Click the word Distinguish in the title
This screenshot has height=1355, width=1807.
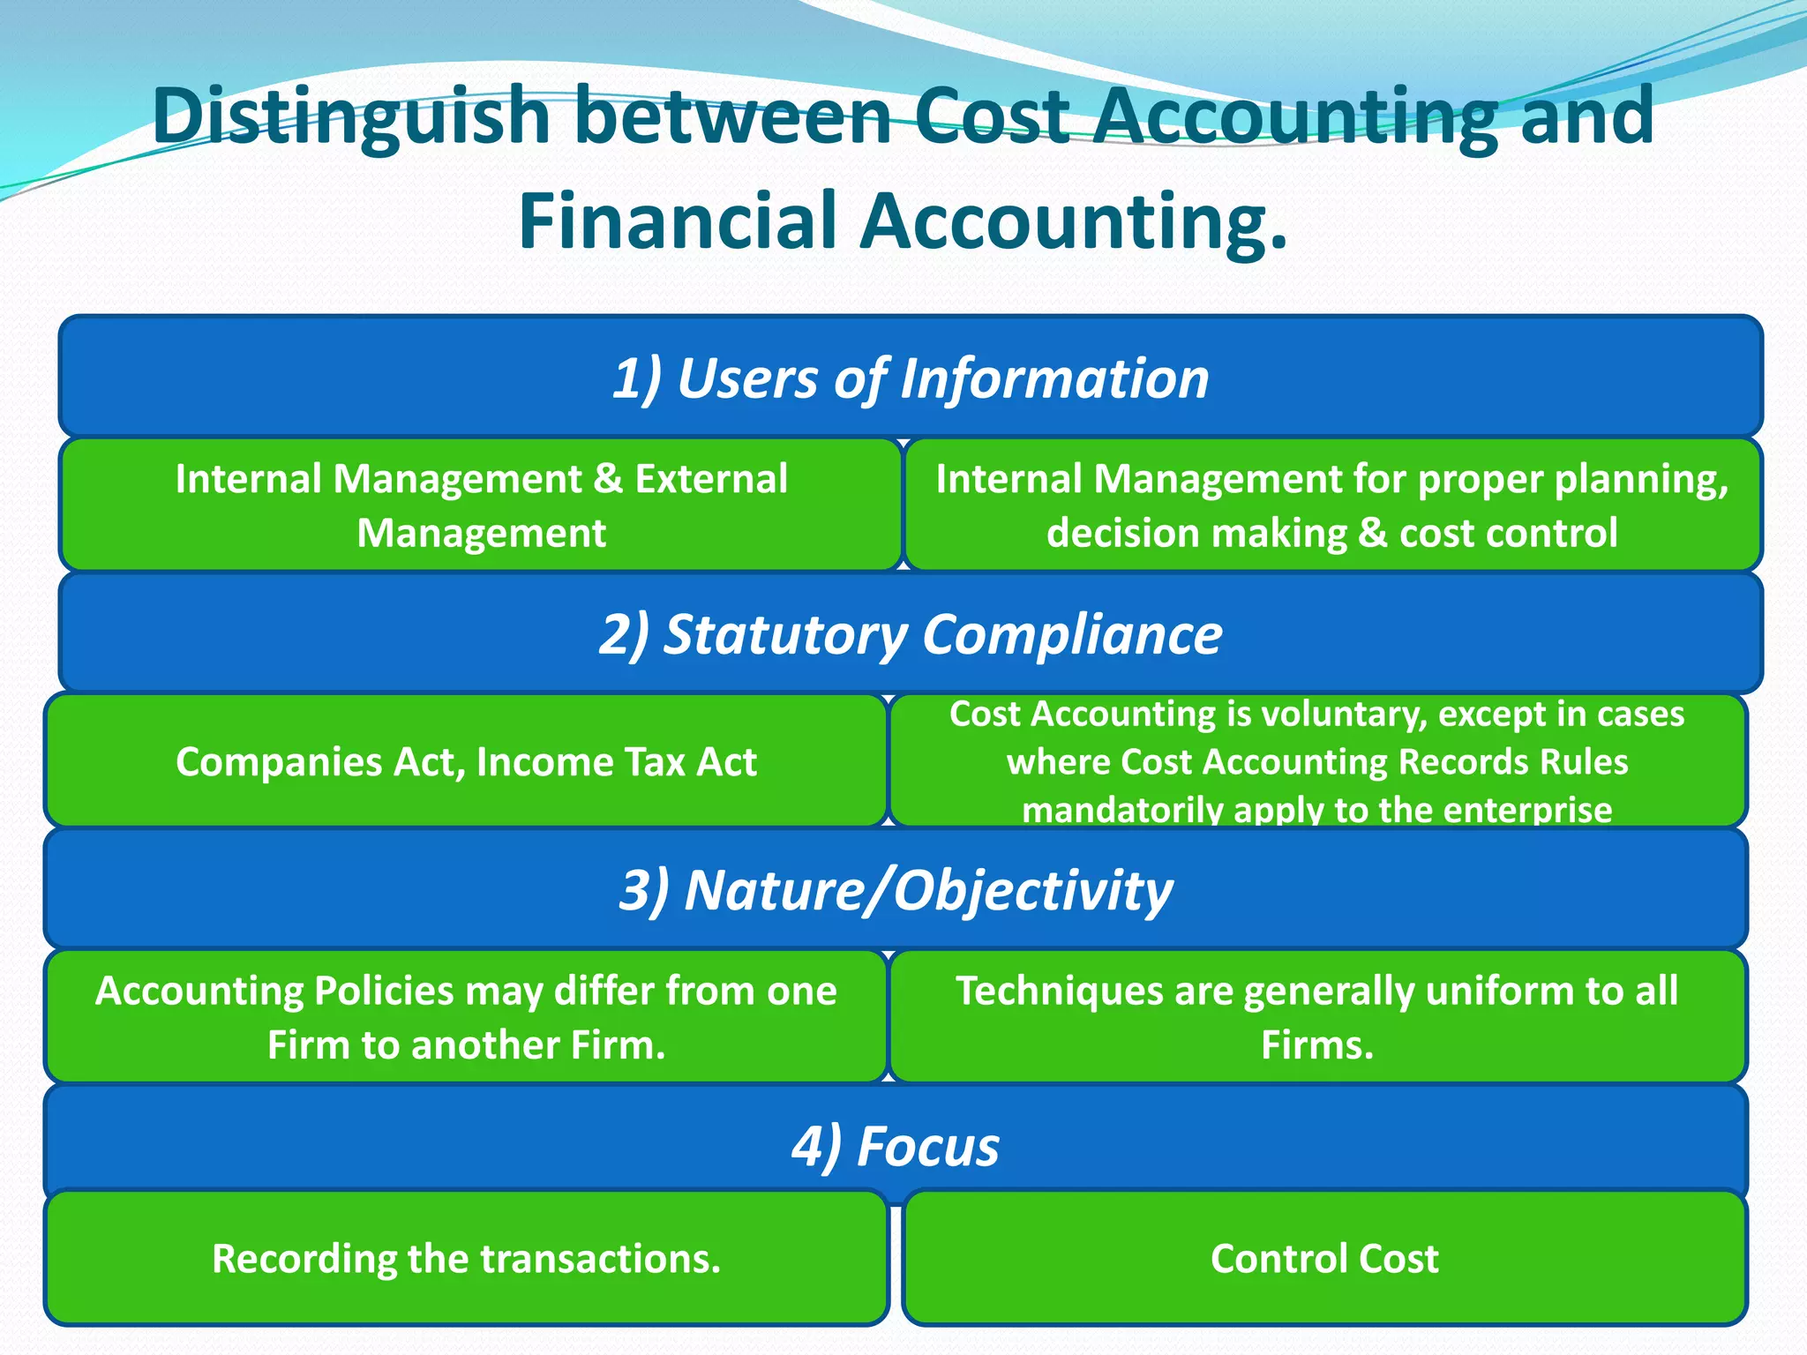click(x=352, y=116)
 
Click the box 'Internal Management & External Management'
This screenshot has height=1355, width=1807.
click(x=481, y=505)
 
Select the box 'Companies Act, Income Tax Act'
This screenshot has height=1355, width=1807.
click(x=466, y=761)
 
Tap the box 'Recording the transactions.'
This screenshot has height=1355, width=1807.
click(x=466, y=1258)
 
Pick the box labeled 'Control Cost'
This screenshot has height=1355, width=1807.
click(x=1324, y=1258)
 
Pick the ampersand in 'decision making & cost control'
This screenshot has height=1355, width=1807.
click(x=1373, y=533)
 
